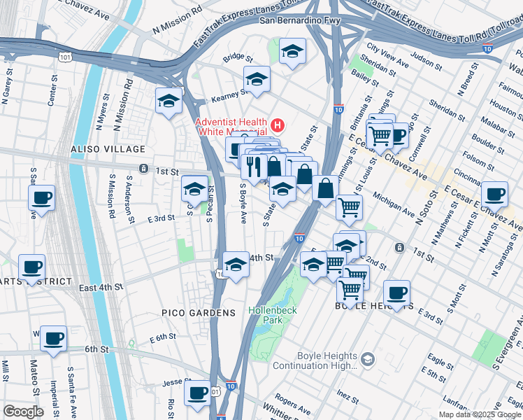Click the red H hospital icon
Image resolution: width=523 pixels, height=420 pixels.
(278, 126)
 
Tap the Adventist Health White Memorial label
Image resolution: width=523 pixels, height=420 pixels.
(231, 127)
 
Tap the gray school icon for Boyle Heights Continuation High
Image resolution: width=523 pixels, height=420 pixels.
(368, 360)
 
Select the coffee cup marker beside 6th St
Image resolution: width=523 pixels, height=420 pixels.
(53, 339)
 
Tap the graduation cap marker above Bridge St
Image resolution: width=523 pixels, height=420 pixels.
(292, 51)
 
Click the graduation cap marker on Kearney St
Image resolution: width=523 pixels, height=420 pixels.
(257, 80)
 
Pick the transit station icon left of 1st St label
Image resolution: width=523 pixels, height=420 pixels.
(143, 169)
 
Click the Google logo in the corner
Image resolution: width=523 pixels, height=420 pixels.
(23, 411)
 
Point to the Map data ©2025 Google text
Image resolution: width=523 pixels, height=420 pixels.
(480, 414)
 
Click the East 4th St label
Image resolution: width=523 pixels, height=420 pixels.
(101, 288)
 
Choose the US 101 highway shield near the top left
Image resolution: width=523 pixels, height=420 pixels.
(65, 56)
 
